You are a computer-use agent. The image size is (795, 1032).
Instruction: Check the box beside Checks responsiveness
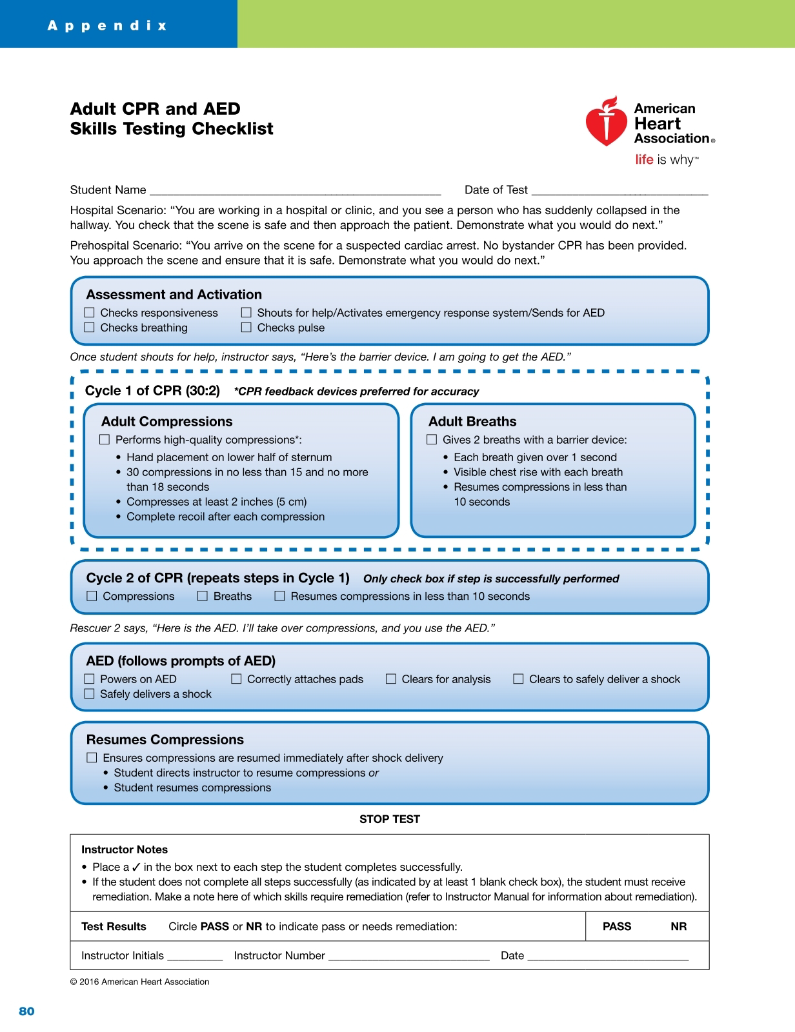click(x=90, y=313)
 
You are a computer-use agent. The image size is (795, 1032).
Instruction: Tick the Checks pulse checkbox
click(x=247, y=328)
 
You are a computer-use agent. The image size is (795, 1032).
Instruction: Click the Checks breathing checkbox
click(x=90, y=328)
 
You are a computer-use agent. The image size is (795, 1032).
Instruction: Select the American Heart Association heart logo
click(x=606, y=121)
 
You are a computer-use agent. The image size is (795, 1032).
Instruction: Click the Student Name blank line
click(x=295, y=192)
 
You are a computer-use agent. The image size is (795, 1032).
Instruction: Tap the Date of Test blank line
click(x=619, y=192)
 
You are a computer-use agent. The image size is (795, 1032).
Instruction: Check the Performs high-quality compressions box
click(x=105, y=440)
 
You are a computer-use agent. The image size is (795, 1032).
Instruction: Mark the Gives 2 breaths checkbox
click(x=432, y=440)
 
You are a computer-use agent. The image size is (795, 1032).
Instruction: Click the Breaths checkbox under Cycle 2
click(x=203, y=596)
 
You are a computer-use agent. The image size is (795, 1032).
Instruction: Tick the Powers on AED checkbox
click(x=90, y=679)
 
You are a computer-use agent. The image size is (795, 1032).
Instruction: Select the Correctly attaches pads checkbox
click(x=236, y=679)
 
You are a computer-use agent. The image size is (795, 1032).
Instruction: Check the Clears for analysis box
click(x=391, y=679)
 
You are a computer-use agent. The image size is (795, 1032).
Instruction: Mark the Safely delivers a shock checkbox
click(x=90, y=694)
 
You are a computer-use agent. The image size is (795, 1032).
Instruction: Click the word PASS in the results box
click(x=617, y=927)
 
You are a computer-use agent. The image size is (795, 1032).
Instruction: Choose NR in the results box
click(x=678, y=927)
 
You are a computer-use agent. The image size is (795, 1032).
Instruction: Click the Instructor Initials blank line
click(x=195, y=958)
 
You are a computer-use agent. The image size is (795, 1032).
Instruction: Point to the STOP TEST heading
click(x=390, y=819)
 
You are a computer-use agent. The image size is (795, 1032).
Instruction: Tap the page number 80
click(x=26, y=1011)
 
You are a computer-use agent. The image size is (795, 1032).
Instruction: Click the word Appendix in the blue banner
click(x=107, y=26)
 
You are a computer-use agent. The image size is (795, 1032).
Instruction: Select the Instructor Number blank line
click(x=408, y=958)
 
